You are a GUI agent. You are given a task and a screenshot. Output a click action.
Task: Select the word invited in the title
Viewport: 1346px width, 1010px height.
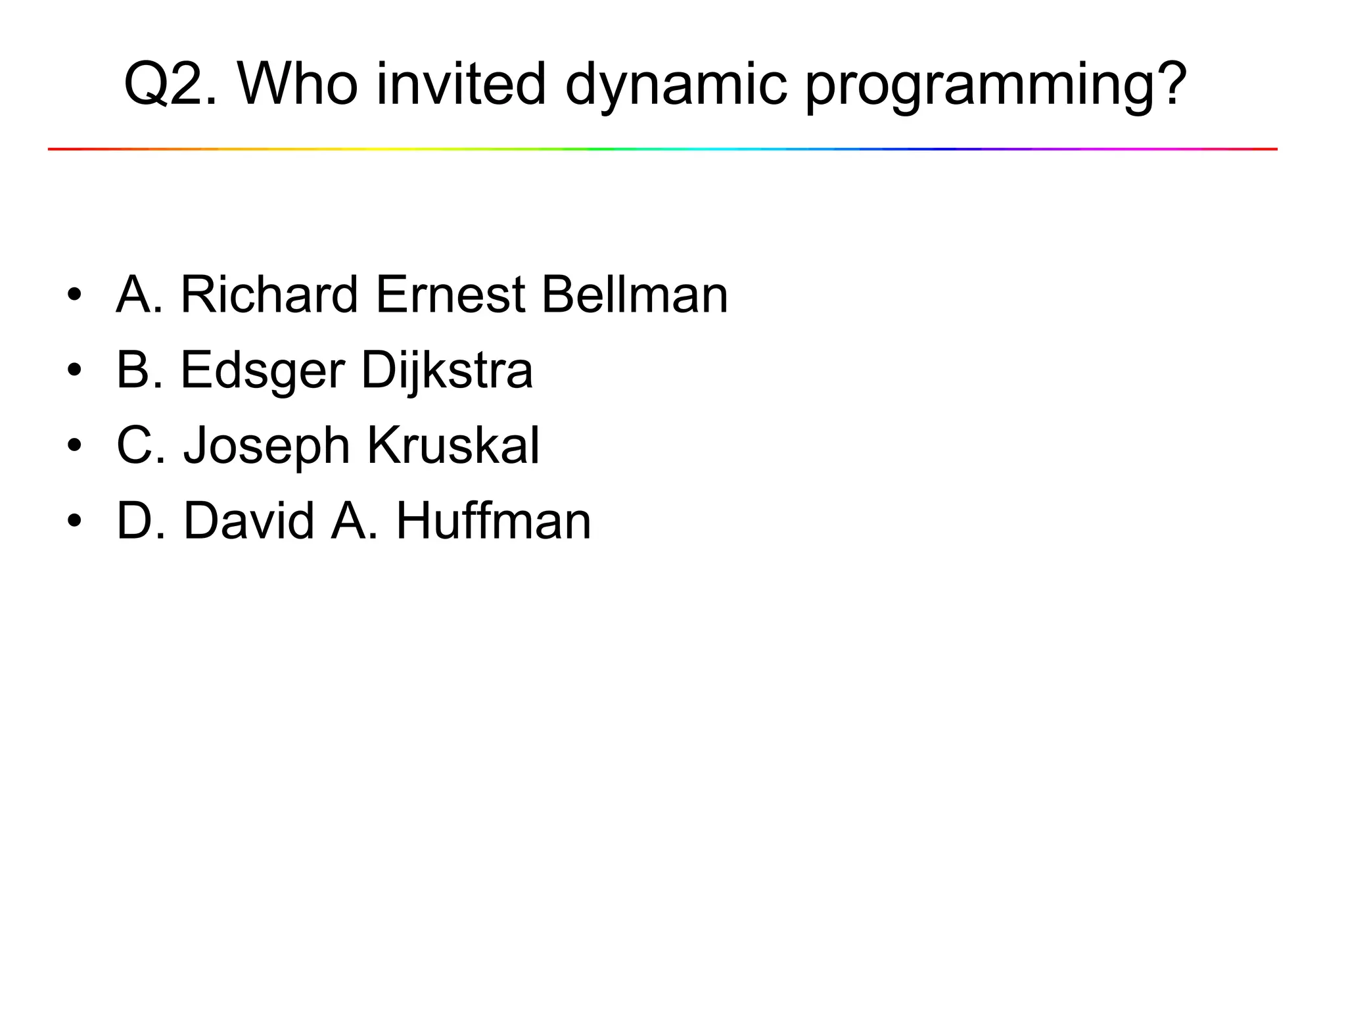click(x=461, y=84)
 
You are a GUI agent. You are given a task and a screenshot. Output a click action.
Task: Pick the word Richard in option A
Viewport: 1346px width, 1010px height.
click(x=269, y=295)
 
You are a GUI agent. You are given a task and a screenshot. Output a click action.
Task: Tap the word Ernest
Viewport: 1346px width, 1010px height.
click(x=450, y=295)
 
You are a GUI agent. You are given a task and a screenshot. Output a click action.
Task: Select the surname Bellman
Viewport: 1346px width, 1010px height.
click(x=635, y=295)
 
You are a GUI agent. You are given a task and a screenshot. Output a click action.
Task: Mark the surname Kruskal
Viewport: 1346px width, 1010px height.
click(x=453, y=446)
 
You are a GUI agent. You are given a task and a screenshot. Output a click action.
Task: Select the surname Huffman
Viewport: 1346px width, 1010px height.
click(x=494, y=521)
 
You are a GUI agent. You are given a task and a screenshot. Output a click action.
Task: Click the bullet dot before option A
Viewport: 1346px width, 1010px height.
click(x=74, y=295)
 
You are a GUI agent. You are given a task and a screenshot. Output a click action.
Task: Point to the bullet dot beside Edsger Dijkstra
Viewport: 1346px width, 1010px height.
click(x=74, y=370)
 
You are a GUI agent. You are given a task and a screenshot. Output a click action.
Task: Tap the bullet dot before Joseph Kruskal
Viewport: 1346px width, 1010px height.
click(x=74, y=446)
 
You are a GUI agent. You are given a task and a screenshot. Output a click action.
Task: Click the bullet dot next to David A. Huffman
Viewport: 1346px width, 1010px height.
click(x=74, y=521)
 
